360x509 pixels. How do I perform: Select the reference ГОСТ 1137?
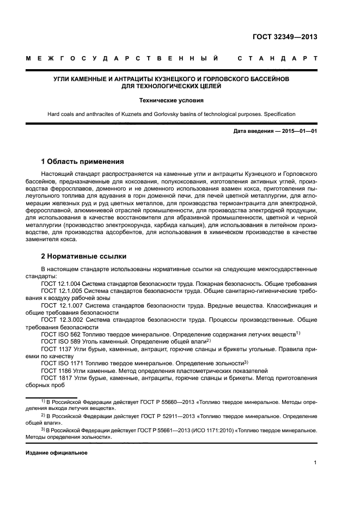coord(55,348)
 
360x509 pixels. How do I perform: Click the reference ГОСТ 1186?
coord(55,370)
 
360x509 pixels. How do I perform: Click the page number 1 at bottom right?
coord(315,463)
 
